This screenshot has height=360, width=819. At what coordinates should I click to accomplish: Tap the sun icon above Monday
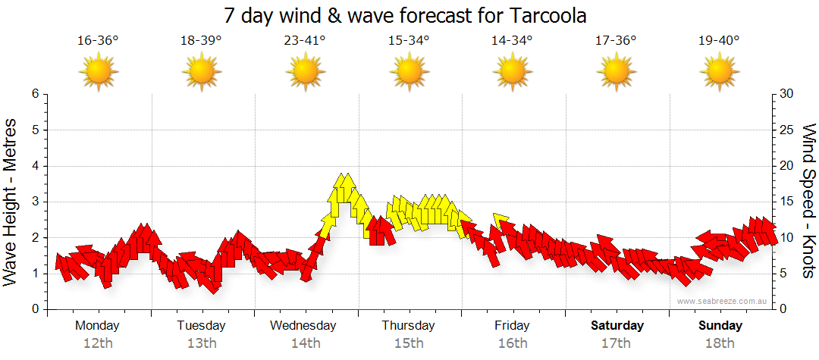pos(99,72)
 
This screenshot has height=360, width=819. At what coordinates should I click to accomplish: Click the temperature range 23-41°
pos(305,41)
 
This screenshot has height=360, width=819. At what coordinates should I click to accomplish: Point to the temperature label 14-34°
pos(512,41)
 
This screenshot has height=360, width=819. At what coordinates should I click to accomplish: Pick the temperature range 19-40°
pos(719,41)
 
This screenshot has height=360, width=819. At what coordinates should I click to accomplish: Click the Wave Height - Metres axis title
pos(11,201)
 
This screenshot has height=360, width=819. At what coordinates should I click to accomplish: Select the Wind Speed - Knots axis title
pos(808,201)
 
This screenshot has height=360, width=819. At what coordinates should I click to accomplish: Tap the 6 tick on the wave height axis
pos(34,94)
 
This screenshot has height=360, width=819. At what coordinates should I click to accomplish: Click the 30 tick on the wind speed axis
pos(788,94)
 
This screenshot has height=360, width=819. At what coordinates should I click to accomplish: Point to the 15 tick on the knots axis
pos(787,202)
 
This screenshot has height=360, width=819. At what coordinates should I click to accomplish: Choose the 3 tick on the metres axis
pos(34,202)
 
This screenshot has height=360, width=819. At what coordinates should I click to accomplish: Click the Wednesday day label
pos(303,326)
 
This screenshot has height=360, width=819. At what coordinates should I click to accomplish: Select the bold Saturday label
pos(617,326)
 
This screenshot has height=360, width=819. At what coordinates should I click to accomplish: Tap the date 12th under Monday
pos(98,343)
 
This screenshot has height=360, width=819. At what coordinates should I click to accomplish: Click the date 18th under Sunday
pos(720,343)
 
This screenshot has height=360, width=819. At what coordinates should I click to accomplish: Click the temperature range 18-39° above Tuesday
pos(201,41)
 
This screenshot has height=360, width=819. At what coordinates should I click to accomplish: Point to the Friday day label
pos(513,326)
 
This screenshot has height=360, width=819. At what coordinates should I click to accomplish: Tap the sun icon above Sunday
pos(719,72)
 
